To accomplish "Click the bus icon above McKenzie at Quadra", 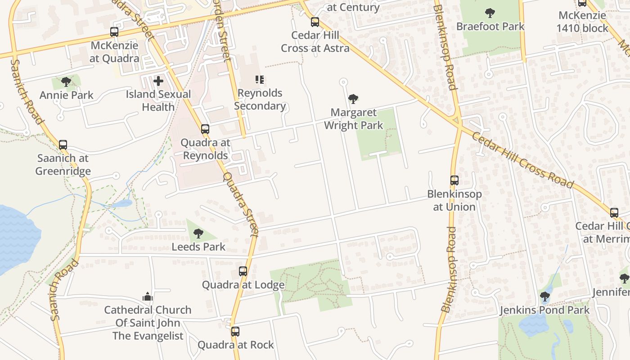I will (114, 32).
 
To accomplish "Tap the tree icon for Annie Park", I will (66, 81).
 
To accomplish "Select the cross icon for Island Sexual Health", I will (158, 81).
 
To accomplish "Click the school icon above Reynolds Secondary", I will (260, 80).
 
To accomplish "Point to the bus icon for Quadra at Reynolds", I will (205, 129).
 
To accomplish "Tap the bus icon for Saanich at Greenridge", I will (63, 145).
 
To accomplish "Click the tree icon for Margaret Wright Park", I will (353, 99).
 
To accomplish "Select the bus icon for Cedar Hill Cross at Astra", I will (315, 22).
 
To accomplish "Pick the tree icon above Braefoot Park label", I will (490, 13).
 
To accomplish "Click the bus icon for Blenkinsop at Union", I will (454, 180).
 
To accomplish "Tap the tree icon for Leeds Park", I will (198, 233).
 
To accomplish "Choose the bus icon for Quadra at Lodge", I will (243, 271).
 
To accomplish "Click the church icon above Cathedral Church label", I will (147, 297).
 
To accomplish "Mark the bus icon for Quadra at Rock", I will (235, 332).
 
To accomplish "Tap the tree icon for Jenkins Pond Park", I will (544, 297).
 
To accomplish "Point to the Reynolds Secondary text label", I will (260, 99).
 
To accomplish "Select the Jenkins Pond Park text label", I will (544, 310).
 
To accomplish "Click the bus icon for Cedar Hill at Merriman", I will (614, 213).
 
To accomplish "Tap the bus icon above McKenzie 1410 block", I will (582, 3).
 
